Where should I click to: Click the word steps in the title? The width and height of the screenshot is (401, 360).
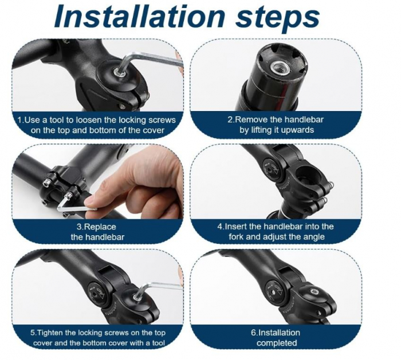point(278,17)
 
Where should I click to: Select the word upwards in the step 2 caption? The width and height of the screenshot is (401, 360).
point(297,130)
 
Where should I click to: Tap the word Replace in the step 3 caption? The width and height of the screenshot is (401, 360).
point(100,227)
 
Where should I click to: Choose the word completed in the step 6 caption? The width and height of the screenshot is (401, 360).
point(277,343)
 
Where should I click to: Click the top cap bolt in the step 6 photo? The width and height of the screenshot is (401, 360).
point(313,292)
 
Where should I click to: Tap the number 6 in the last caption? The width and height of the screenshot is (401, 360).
point(253,333)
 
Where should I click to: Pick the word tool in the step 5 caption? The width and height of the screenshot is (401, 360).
point(158,343)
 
